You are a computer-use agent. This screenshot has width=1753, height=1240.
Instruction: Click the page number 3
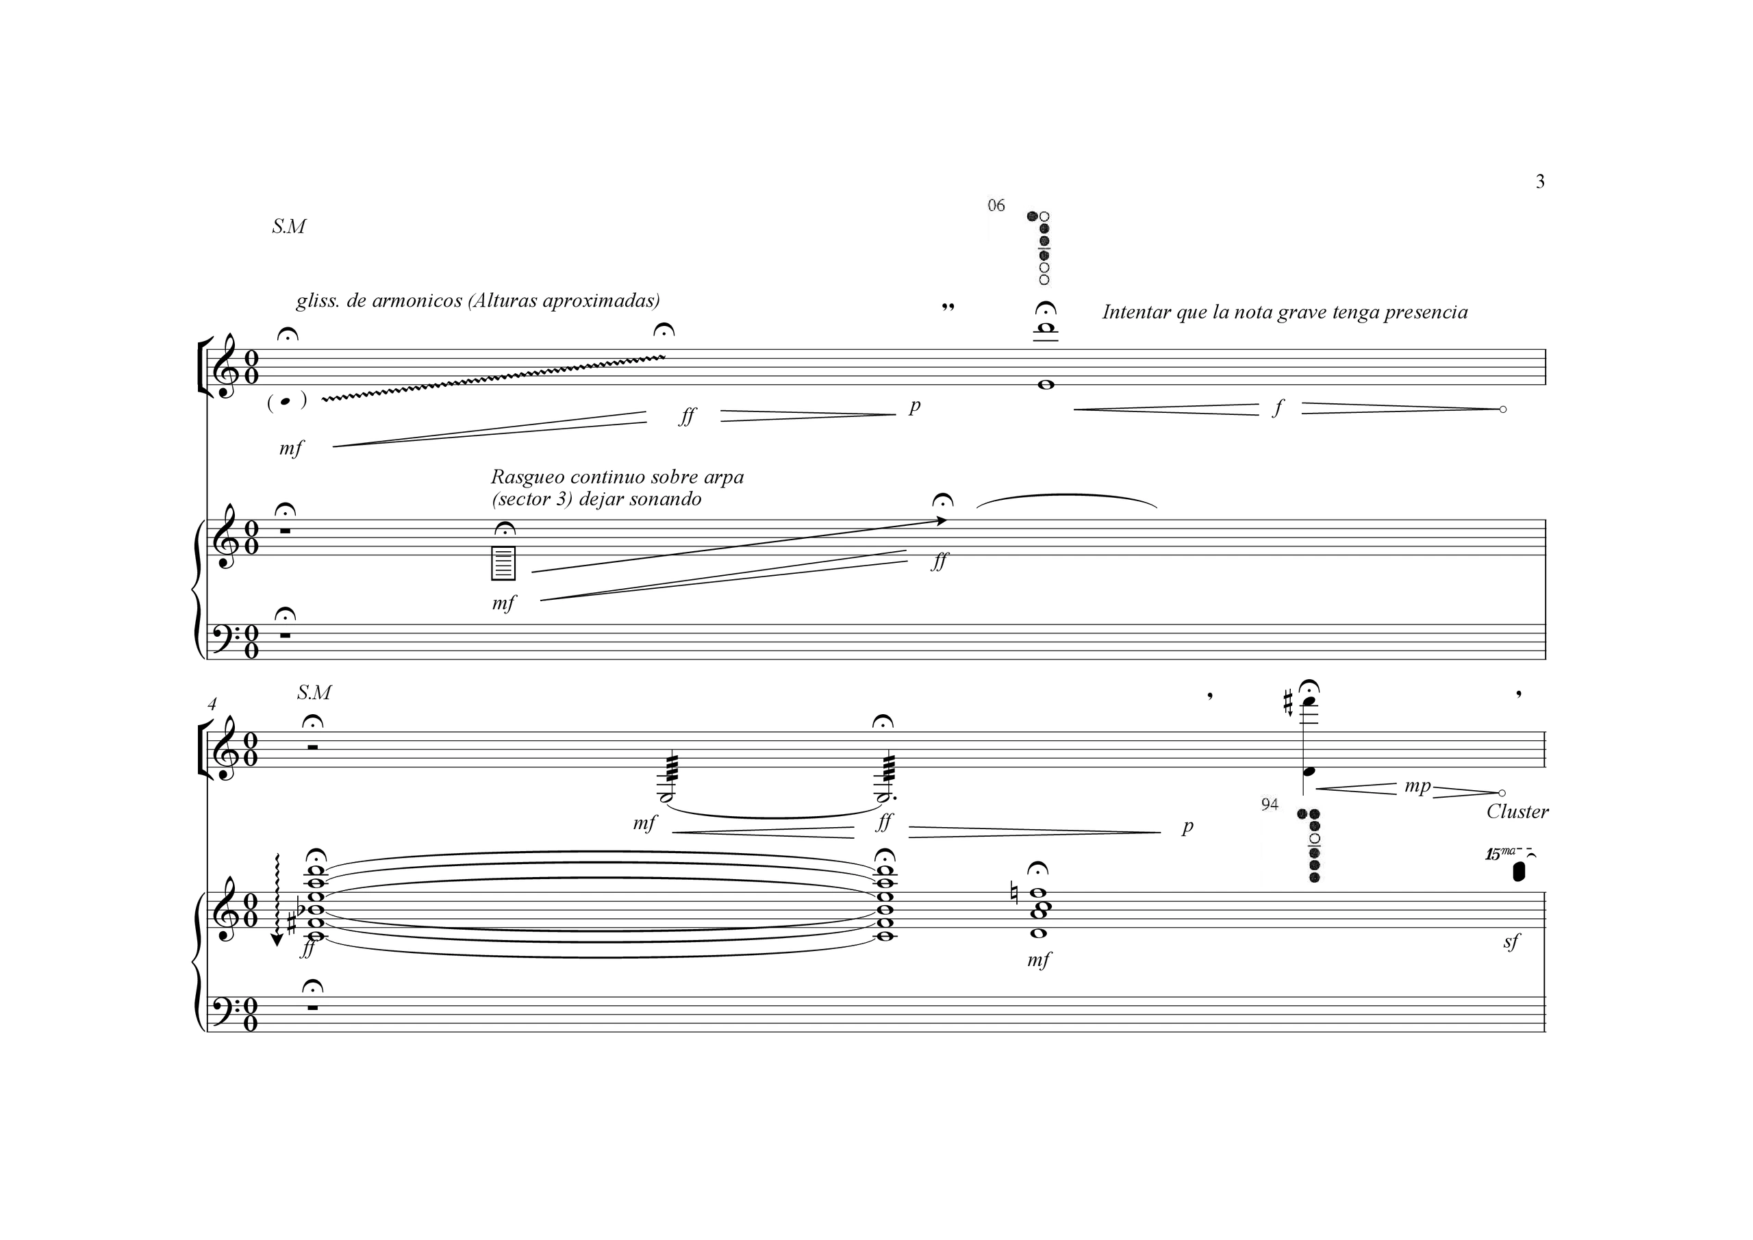(1540, 181)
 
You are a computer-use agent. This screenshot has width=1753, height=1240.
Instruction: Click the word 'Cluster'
(1517, 811)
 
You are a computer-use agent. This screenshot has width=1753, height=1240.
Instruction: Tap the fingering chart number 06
(996, 205)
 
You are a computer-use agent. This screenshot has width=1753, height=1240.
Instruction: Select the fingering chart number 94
(1270, 805)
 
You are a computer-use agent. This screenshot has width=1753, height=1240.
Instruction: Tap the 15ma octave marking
(1497, 855)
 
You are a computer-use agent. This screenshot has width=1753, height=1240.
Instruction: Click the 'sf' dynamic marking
(1511, 942)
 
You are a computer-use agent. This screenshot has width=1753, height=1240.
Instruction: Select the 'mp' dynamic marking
(1418, 787)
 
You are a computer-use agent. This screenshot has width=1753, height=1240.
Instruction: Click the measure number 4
(212, 704)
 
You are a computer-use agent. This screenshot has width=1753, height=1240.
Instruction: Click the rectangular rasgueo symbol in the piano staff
(503, 564)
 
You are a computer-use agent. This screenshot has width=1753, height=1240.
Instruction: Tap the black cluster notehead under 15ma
(1519, 871)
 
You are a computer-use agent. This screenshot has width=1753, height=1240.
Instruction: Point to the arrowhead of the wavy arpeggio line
(277, 940)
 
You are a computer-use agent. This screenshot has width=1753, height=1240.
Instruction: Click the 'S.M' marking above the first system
(288, 227)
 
